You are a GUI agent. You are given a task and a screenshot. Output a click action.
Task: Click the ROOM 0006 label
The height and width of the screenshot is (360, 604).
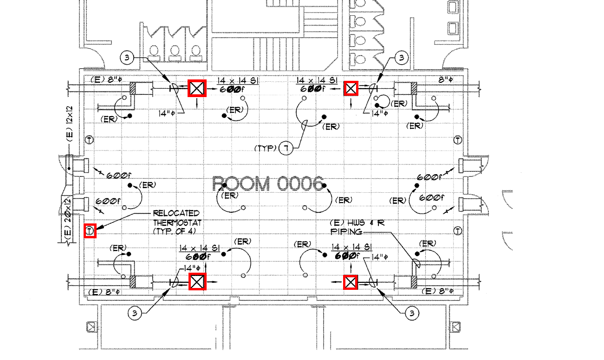coord(267,184)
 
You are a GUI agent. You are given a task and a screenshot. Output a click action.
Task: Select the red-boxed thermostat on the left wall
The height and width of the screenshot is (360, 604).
coord(90,230)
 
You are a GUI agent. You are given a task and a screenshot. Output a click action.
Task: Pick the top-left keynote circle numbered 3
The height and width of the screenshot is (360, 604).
coord(127,58)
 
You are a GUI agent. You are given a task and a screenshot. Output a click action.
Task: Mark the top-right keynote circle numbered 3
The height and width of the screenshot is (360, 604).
coord(402,58)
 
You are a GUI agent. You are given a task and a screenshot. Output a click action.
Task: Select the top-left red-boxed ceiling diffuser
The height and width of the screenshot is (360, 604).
coord(197,88)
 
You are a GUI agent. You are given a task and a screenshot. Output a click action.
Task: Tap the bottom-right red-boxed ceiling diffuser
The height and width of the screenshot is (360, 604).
coord(351,282)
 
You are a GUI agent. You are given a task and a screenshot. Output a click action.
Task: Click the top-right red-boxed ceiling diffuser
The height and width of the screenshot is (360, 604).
coord(351,88)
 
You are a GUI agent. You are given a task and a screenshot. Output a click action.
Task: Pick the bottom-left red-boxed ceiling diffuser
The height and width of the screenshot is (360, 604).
coord(197,281)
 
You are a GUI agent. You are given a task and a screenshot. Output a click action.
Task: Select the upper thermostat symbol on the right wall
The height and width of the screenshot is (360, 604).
coord(458,140)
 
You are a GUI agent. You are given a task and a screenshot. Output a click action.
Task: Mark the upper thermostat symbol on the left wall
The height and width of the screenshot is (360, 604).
coord(90,140)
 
